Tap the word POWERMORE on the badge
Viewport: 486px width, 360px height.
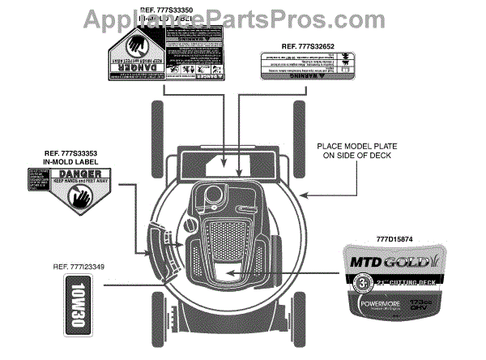click(x=386, y=306)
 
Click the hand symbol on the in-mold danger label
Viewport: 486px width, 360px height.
click(x=81, y=195)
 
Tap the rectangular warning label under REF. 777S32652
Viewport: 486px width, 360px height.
click(x=305, y=65)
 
